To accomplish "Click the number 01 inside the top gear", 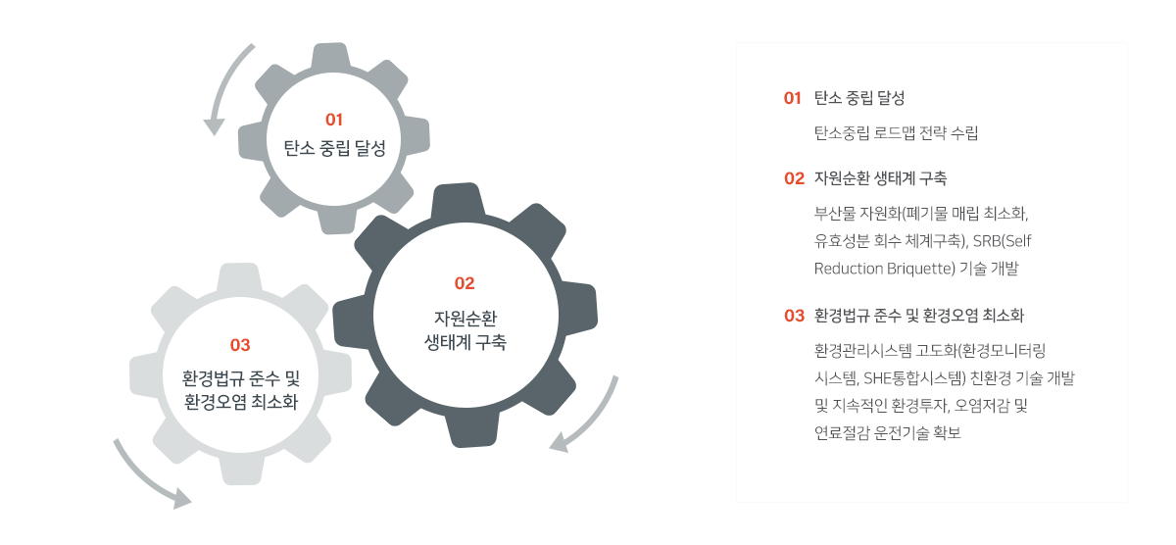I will coord(334,120).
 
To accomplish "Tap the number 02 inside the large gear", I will coord(465,283).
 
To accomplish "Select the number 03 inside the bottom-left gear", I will coord(240,345).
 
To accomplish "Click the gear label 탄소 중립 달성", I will coord(334,149).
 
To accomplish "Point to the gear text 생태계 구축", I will coord(465,342).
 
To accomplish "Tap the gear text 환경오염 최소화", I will coord(241,402).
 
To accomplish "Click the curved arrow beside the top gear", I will coord(224,88).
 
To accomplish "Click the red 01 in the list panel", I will coord(793,99).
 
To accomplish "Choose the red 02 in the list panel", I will coord(794,178).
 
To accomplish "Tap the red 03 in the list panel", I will coord(794,316).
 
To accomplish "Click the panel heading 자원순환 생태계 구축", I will coord(880,178).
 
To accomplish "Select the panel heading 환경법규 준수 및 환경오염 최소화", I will coord(918,316).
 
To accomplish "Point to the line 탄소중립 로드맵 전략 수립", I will coord(896,133).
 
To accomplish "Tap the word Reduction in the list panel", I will coord(846,268).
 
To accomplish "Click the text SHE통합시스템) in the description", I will coord(906,377).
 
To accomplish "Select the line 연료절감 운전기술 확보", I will coord(887,432).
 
